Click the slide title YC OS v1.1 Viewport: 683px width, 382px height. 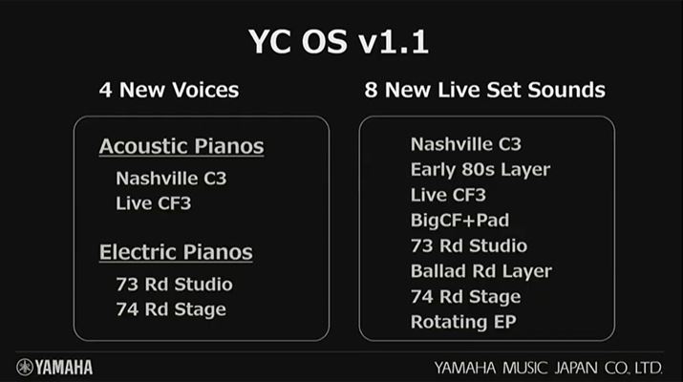coord(338,42)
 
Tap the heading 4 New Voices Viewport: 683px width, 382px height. coord(169,90)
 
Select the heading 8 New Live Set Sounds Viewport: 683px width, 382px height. coord(485,90)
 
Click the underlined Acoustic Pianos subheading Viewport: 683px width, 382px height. coord(181,146)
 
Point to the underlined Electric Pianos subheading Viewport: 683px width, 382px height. coord(176,252)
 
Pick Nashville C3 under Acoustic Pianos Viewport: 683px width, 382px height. coord(171,179)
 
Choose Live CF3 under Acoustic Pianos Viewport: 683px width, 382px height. coord(154,203)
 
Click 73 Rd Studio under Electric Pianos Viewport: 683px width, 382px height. coord(174,285)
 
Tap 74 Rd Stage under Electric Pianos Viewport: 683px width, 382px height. coord(171,309)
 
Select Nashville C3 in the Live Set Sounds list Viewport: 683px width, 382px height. coord(465,144)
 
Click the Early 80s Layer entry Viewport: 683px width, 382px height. coord(480,170)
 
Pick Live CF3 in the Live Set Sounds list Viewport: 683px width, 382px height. coord(448,195)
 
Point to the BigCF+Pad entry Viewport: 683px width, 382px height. coord(459,221)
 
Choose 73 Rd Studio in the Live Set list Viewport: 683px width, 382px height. coord(469,246)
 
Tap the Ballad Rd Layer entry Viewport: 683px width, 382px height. coord(481,271)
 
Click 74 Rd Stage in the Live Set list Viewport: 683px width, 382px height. coord(465,297)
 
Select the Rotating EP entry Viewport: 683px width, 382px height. coord(463,323)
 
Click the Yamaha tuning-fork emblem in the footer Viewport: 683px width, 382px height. coord(25,367)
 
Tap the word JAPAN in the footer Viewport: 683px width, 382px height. coord(576,368)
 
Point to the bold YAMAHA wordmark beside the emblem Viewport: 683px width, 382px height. coord(64,368)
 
